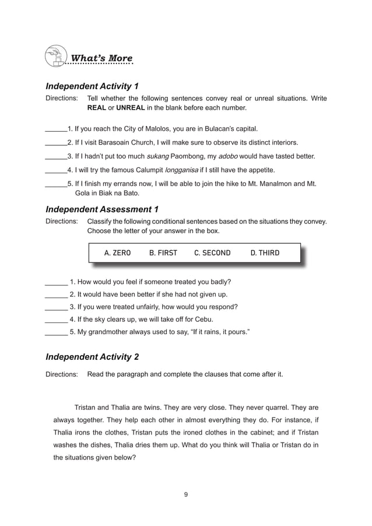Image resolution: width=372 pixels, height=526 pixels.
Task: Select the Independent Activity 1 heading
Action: [92, 86]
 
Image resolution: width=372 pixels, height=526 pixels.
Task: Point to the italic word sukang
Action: [158, 156]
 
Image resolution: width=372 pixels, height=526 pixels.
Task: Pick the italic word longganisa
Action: [182, 170]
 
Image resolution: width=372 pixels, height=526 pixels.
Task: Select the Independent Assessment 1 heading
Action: [102, 209]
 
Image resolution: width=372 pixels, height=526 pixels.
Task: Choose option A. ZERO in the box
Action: [117, 253]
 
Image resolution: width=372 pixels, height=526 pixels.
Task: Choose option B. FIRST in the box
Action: [163, 253]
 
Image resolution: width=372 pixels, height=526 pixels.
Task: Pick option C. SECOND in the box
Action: [212, 253]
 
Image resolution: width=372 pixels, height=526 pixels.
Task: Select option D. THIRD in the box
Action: [265, 253]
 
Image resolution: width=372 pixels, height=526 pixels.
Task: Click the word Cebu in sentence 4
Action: [203, 320]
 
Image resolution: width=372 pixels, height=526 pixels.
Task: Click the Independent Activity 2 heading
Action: [92, 356]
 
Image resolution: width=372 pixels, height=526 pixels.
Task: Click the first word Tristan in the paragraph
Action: [87, 407]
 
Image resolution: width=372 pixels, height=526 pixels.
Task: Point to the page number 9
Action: [185, 495]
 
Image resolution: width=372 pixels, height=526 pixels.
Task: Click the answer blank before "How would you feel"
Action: [56, 282]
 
